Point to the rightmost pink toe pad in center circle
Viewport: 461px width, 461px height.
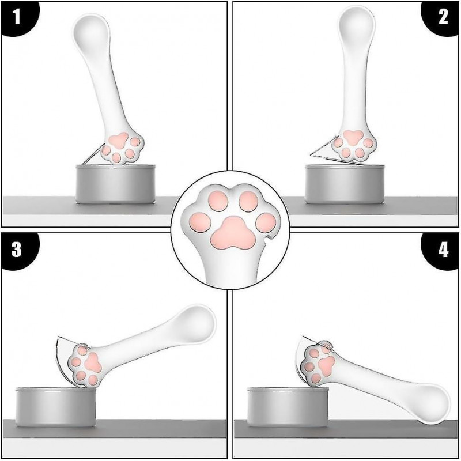coord(266,221)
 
